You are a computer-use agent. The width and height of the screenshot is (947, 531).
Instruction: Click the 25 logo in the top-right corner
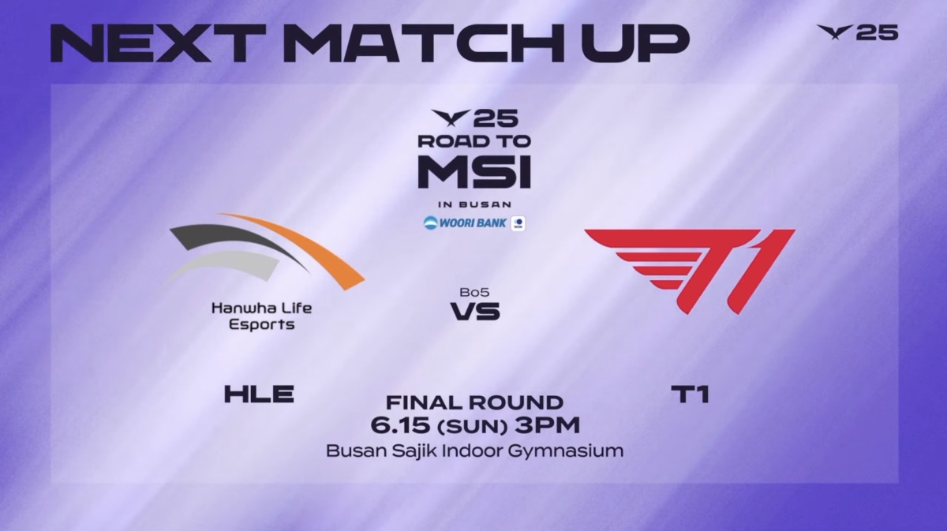pyautogui.click(x=858, y=32)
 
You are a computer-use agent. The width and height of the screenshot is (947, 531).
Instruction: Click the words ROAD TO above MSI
pyautogui.click(x=474, y=141)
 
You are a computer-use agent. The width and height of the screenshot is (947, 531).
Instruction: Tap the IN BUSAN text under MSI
pyautogui.click(x=474, y=204)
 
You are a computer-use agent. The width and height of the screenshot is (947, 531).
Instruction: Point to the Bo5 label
pyautogui.click(x=474, y=292)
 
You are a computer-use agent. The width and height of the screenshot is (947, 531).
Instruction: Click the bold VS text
pyautogui.click(x=475, y=311)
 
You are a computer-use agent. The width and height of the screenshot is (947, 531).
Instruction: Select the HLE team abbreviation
pyautogui.click(x=259, y=394)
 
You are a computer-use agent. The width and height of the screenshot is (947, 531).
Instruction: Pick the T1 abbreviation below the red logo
pyautogui.click(x=690, y=394)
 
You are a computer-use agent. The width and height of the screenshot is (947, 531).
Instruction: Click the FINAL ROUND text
pyautogui.click(x=474, y=402)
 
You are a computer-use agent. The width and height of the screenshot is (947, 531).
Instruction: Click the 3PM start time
pyautogui.click(x=547, y=425)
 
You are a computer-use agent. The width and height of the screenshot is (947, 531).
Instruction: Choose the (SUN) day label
pyautogui.click(x=470, y=426)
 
